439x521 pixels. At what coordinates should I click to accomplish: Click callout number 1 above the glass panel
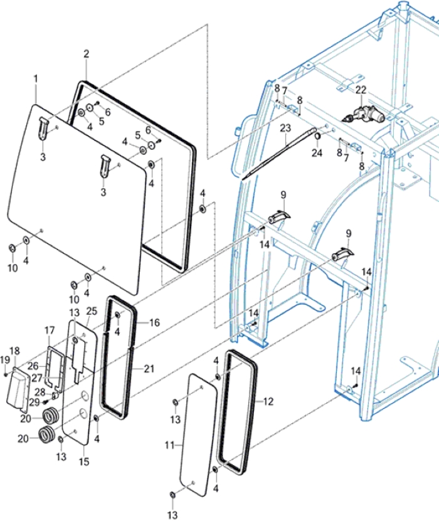(36, 79)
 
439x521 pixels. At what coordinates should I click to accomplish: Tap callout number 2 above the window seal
(87, 55)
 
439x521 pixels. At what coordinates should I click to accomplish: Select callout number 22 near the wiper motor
(361, 90)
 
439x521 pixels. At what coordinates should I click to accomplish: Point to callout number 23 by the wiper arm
(285, 128)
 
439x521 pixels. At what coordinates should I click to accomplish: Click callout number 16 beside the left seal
(154, 322)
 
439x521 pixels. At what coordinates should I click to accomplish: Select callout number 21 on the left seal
(148, 369)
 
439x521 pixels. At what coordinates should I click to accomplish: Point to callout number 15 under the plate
(84, 462)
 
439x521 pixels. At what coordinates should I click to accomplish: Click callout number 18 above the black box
(15, 350)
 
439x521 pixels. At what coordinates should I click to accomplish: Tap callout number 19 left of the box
(5, 360)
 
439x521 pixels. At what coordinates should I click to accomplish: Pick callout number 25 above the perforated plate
(92, 312)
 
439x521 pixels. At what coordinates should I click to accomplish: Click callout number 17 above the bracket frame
(50, 330)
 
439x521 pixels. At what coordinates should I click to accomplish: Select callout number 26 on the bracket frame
(33, 366)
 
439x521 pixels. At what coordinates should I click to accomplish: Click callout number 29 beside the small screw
(34, 402)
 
